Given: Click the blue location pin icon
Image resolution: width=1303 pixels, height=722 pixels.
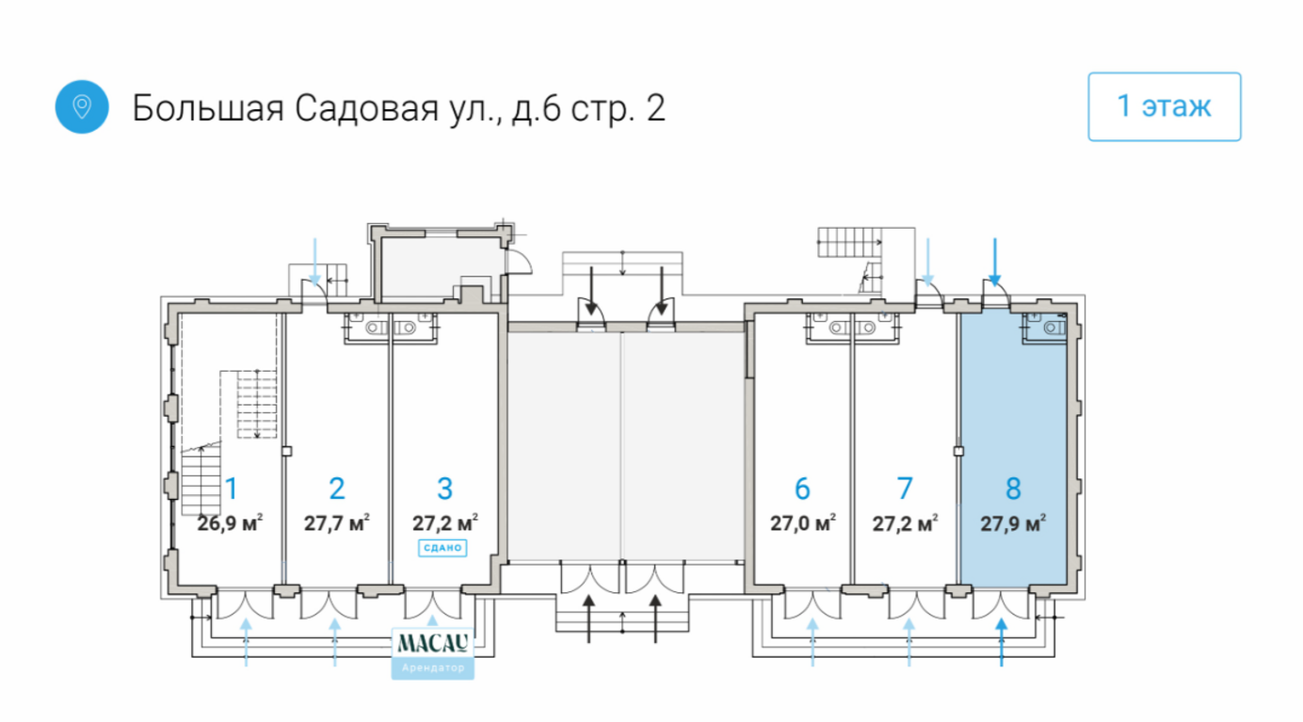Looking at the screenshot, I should point(82,106).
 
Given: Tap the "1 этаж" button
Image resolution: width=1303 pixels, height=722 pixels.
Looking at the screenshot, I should point(1164,106).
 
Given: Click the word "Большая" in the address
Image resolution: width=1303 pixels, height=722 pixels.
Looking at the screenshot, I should point(202,107).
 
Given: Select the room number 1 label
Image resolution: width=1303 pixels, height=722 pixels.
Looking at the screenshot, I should point(231,489).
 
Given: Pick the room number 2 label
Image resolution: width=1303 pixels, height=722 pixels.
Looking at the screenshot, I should point(337,489).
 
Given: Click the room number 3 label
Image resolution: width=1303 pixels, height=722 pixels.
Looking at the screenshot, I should point(445,489).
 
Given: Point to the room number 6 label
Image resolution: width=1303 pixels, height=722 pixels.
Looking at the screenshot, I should point(802,489).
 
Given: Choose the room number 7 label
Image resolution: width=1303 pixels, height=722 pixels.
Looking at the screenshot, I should point(905,489).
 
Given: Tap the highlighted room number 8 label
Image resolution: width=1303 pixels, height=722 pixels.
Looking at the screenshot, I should point(1013,489).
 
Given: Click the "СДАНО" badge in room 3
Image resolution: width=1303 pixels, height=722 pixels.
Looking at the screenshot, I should point(442,547).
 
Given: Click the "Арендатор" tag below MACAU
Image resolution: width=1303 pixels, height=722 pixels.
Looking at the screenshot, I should point(432,668).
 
